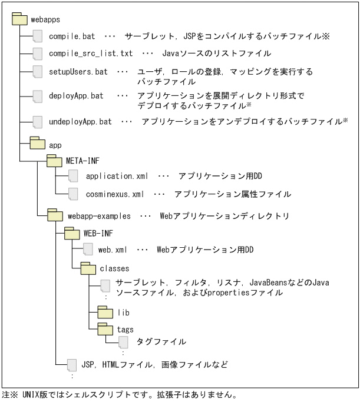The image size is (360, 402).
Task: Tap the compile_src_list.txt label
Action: tap(91, 54)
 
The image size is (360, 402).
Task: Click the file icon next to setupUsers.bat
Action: tap(38, 71)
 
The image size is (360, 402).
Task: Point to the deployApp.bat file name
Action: tap(76, 95)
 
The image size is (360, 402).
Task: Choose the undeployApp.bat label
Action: tap(80, 122)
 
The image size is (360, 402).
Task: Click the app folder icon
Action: tap(38, 142)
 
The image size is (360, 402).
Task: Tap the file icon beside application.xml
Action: tap(72, 175)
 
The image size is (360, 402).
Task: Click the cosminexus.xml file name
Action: tap(114, 193)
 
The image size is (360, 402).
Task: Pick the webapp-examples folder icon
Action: tap(54, 215)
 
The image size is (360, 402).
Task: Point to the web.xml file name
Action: tap(113, 250)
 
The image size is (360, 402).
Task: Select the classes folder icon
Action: tap(88, 268)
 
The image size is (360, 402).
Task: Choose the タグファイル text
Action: tap(161, 341)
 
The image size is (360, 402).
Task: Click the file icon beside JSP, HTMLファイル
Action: tap(72, 365)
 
